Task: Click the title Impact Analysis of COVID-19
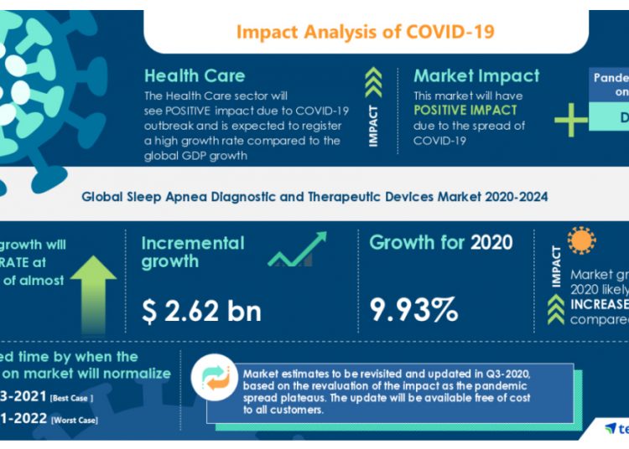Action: click(x=365, y=33)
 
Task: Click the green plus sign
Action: click(x=571, y=121)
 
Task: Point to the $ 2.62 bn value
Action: click(x=201, y=311)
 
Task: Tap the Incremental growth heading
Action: click(x=193, y=252)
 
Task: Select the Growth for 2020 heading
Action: click(x=441, y=243)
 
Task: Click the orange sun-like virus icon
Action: click(x=581, y=240)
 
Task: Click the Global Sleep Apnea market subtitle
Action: click(x=314, y=197)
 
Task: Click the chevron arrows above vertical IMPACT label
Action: click(x=373, y=83)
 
